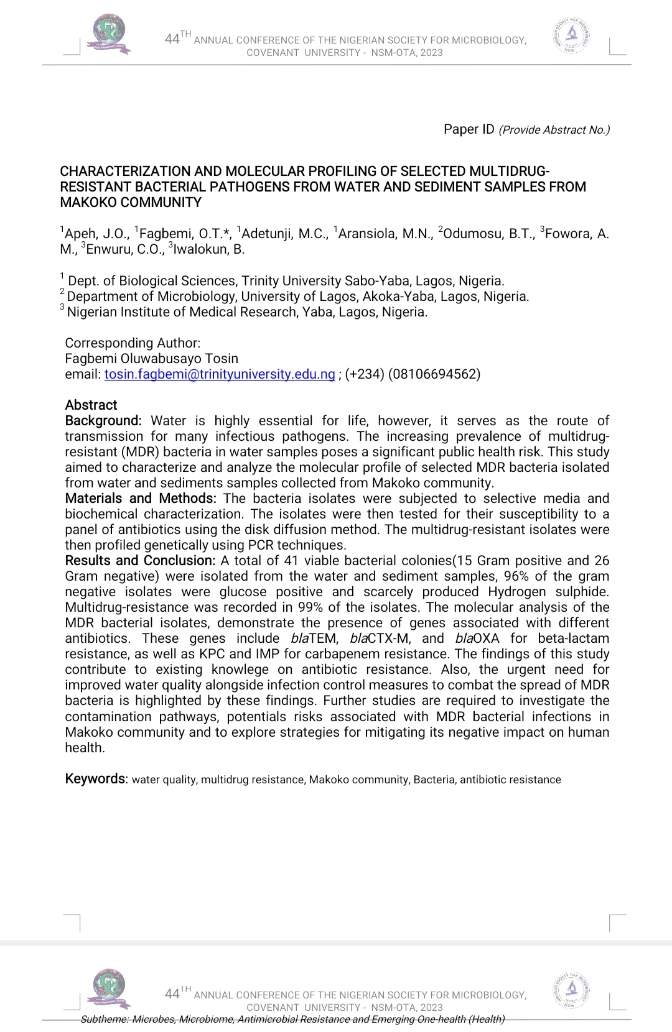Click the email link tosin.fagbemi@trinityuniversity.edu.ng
220,374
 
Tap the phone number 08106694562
434,374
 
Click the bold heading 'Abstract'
91,405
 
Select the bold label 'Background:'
103,421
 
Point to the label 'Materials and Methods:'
141,499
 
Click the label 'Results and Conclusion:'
140,561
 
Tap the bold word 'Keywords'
95,779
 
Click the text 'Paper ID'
469,129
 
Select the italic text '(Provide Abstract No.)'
554,130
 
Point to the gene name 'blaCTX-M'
380,638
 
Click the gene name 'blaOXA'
477,638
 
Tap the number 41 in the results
292,561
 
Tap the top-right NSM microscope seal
571,35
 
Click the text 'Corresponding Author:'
133,343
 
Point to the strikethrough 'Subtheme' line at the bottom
292,1019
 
